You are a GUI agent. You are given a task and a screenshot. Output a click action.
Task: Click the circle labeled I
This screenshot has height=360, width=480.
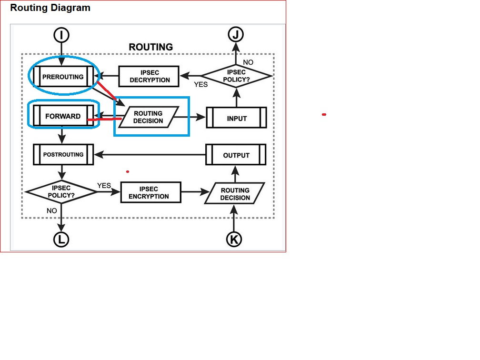pyautogui.click(x=61, y=35)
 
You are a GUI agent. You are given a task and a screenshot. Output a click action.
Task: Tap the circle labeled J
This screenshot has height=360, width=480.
pyautogui.click(x=235, y=35)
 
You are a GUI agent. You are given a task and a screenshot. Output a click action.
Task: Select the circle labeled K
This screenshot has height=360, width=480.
pyautogui.click(x=233, y=239)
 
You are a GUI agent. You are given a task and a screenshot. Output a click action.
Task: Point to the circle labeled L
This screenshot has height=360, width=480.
pyautogui.click(x=61, y=240)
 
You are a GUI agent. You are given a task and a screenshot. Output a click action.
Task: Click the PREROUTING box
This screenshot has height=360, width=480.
pyautogui.click(x=63, y=77)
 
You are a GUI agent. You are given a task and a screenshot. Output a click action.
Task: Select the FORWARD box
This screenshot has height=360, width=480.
pyautogui.click(x=63, y=116)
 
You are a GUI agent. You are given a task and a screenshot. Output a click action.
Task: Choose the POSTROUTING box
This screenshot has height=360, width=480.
pyautogui.click(x=63, y=155)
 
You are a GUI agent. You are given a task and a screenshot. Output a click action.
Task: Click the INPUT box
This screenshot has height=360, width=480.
pyautogui.click(x=237, y=118)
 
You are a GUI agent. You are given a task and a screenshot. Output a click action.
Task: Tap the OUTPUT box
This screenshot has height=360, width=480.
pyautogui.click(x=236, y=155)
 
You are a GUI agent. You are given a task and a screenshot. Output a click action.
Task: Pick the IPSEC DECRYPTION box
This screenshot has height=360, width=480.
pyautogui.click(x=150, y=76)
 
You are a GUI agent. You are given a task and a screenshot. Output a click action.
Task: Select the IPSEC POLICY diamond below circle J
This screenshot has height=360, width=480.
pyautogui.click(x=236, y=76)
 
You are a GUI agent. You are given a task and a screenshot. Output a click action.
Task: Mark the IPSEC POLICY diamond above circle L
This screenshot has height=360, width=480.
pyautogui.click(x=61, y=192)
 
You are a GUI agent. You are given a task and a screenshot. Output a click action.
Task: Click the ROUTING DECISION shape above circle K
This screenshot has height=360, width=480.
pyautogui.click(x=235, y=194)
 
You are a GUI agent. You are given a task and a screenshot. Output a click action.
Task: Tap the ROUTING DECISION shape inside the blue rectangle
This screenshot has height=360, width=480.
pyautogui.click(x=148, y=117)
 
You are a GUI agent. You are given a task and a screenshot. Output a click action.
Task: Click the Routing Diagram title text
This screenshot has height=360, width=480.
pyautogui.click(x=50, y=8)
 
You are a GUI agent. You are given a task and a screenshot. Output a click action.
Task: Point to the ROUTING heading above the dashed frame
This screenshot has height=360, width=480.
pyautogui.click(x=150, y=47)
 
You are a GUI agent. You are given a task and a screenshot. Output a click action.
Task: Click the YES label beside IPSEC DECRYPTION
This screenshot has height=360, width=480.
pyautogui.click(x=200, y=84)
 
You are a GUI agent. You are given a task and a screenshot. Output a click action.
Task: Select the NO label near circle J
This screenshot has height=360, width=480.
pyautogui.click(x=248, y=62)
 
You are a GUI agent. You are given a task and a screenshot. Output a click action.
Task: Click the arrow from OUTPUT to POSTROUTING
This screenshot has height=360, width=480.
pyautogui.click(x=150, y=155)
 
